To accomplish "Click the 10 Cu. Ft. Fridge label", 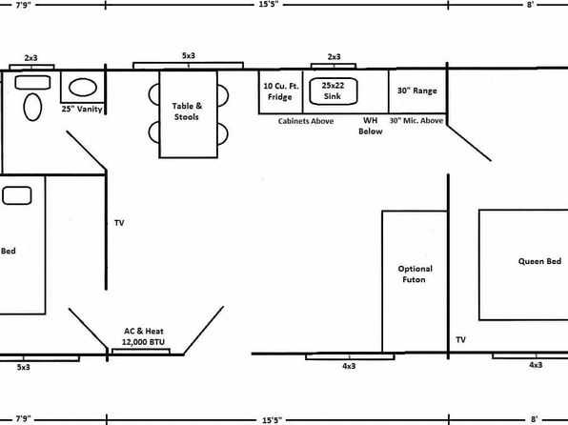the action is tap(281, 91).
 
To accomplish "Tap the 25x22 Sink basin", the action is tap(333, 91).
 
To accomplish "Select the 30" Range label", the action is tap(416, 91).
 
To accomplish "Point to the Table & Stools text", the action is tap(187, 111).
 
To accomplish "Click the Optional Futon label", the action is tap(415, 273).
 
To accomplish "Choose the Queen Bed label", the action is tap(539, 261).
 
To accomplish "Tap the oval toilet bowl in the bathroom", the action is tap(32, 107).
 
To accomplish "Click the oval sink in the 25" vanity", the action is tap(83, 88).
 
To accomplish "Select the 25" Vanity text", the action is tap(82, 109).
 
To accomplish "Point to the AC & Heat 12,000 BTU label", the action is tap(144, 336).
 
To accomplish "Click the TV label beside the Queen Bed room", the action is tap(460, 339).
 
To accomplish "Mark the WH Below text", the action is tap(370, 126).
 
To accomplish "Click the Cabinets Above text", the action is tap(306, 121).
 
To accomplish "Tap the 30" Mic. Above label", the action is tap(416, 121).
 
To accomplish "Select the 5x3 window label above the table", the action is tap(189, 56).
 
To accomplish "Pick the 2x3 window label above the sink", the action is tap(334, 57).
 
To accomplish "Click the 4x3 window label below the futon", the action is tap(349, 366).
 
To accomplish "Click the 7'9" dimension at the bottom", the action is tap(23, 419).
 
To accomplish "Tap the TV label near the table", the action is tap(119, 223).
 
